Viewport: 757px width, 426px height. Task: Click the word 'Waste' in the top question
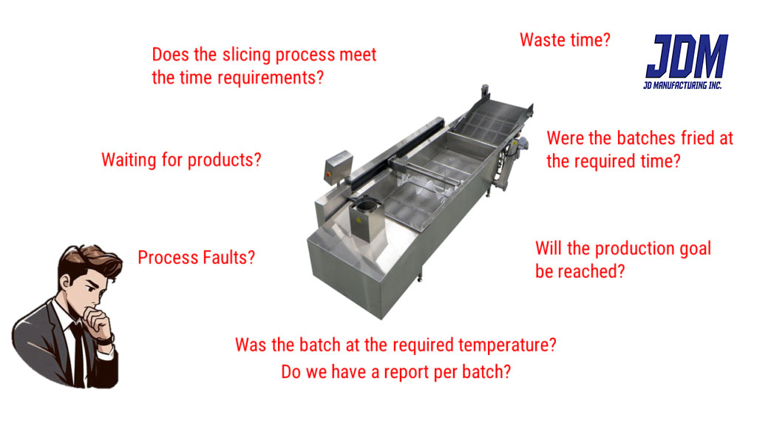coord(540,40)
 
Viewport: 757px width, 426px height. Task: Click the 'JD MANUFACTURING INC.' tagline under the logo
coord(682,86)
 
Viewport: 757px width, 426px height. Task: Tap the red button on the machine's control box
coord(330,172)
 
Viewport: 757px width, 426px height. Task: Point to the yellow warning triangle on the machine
coord(359,220)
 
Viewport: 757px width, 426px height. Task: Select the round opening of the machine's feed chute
coord(366,204)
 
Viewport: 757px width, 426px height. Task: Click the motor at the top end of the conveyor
coord(485,91)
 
